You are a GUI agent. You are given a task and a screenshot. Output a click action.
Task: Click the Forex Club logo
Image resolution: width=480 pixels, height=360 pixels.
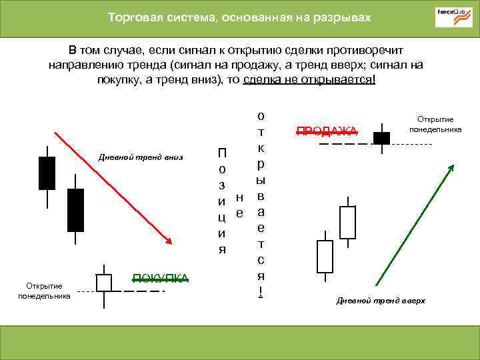(x=453, y=17)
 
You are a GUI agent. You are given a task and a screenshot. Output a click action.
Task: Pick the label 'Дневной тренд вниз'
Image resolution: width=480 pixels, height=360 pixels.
(x=140, y=157)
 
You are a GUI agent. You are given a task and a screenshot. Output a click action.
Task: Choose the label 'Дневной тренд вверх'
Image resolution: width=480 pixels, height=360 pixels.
(x=381, y=301)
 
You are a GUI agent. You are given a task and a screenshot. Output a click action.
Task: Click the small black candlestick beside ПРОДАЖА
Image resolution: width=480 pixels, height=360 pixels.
(x=381, y=138)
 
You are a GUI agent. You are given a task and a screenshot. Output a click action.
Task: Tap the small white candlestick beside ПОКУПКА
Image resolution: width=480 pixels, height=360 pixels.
(x=103, y=283)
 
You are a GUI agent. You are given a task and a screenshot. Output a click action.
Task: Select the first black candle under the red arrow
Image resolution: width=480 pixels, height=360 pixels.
(x=47, y=172)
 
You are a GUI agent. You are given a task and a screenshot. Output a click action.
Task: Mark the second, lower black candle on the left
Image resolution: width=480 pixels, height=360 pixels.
(x=76, y=210)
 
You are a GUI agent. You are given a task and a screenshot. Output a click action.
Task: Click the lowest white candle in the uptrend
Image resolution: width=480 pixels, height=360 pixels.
(x=325, y=257)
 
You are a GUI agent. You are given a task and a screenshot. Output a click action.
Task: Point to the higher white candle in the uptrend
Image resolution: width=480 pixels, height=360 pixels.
(x=348, y=222)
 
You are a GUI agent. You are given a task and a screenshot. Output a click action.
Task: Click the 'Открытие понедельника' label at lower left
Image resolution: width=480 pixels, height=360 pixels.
(x=44, y=291)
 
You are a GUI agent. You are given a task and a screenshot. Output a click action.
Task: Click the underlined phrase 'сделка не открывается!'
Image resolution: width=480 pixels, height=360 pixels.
(x=309, y=79)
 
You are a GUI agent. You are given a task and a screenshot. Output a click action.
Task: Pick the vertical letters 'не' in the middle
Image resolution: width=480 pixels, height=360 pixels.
(x=240, y=205)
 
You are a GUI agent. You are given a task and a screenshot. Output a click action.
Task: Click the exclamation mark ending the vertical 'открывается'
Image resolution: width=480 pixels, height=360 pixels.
(x=261, y=291)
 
